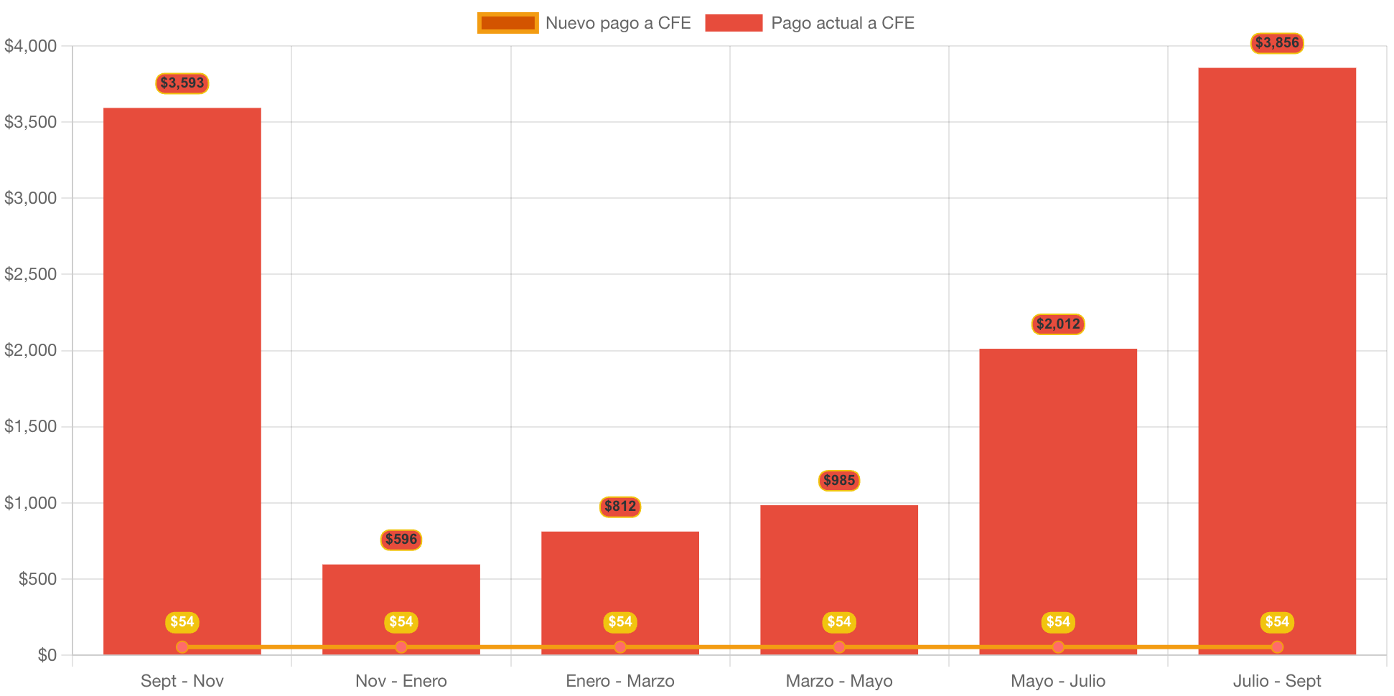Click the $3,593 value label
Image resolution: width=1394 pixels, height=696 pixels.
tap(182, 83)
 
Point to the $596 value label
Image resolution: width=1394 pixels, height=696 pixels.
tap(401, 540)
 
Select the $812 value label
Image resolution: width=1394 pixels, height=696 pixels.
tap(620, 507)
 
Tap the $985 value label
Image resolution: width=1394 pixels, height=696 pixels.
tap(839, 481)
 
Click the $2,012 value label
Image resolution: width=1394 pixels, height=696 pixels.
tap(1058, 324)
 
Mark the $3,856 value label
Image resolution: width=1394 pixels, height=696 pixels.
tap(1277, 43)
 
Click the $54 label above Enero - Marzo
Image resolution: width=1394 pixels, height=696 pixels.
tap(620, 622)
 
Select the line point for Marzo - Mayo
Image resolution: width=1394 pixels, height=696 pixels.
tap(839, 647)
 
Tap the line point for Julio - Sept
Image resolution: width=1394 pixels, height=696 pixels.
tap(1277, 647)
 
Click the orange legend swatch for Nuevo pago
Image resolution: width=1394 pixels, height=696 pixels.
tap(507, 23)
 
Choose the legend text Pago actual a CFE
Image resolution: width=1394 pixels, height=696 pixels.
tap(843, 23)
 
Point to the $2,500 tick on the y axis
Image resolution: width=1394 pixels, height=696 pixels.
tap(31, 274)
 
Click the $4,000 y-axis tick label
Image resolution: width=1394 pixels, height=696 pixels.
tap(31, 46)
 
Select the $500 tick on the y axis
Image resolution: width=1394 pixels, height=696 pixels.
tap(38, 579)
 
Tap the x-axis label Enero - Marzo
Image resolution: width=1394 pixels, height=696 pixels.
tap(620, 681)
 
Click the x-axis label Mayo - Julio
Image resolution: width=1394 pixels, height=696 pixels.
tap(1058, 681)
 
